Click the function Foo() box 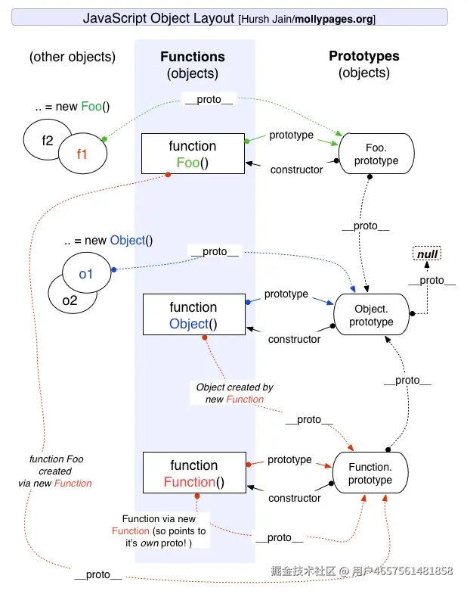pos(193,154)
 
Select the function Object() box pos(193,316)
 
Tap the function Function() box pos(193,474)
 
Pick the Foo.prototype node pos(376,154)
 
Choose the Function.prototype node pos(370,474)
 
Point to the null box pos(428,254)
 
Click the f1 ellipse pos(82,154)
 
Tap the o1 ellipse pos(86,273)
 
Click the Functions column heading pos(193,58)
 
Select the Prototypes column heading pos(364,57)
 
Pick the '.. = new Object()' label pos(108,241)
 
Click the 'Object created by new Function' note pos(234,393)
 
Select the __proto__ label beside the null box pos(431,280)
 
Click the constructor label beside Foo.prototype pos(296,170)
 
